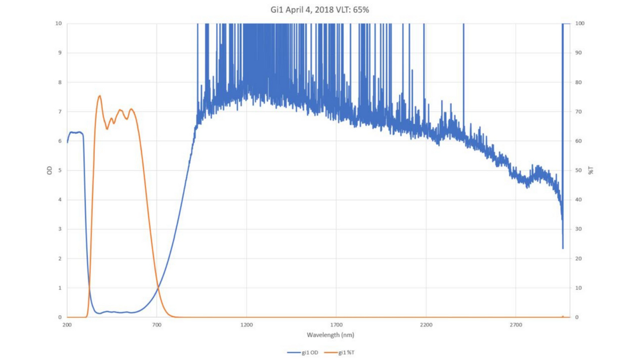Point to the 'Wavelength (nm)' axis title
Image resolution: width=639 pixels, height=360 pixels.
tap(330, 335)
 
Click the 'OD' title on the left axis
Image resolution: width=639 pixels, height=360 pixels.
tap(49, 170)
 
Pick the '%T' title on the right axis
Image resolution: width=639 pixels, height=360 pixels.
tap(590, 170)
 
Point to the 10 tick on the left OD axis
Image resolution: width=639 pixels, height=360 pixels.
tap(58, 23)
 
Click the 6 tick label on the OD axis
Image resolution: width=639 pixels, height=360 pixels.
tap(60, 141)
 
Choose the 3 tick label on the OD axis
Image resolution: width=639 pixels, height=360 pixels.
tap(60, 229)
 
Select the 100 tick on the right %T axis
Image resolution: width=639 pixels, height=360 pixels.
tap(580, 23)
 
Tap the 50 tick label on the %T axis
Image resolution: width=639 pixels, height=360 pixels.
tap(579, 170)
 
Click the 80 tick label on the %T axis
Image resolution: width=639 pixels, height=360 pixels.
tap(579, 83)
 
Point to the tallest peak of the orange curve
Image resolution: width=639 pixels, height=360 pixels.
tap(100, 96)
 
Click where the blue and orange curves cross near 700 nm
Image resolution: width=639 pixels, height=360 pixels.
tap(158, 288)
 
